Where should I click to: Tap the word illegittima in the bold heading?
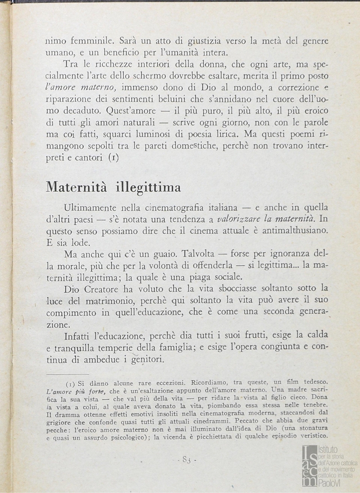(x=148, y=188)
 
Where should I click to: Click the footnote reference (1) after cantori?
(x=114, y=158)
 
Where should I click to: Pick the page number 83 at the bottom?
(x=186, y=460)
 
